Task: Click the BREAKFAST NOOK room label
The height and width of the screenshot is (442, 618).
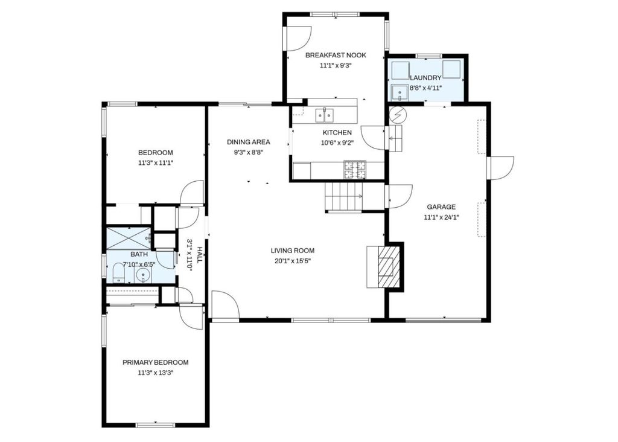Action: click(336, 55)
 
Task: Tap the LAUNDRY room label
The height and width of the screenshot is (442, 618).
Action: click(425, 78)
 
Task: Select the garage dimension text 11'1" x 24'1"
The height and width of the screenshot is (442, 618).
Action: click(441, 217)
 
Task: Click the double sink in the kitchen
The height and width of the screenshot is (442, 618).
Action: click(324, 115)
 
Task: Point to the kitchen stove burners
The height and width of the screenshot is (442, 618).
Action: click(355, 170)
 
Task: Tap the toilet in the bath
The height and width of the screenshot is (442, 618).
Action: click(118, 273)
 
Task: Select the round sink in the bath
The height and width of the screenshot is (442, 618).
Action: click(143, 275)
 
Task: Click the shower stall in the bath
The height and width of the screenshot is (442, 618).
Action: click(129, 238)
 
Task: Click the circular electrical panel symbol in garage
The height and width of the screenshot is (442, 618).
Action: click(397, 114)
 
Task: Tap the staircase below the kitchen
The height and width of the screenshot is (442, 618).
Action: click(343, 196)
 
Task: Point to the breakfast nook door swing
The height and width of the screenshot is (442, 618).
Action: click(298, 38)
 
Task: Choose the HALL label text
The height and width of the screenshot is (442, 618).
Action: click(199, 255)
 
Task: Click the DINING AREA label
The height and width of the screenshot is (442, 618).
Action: click(248, 142)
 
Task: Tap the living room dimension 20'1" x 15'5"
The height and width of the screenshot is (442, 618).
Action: click(293, 261)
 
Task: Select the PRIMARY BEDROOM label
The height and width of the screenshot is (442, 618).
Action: click(155, 362)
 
